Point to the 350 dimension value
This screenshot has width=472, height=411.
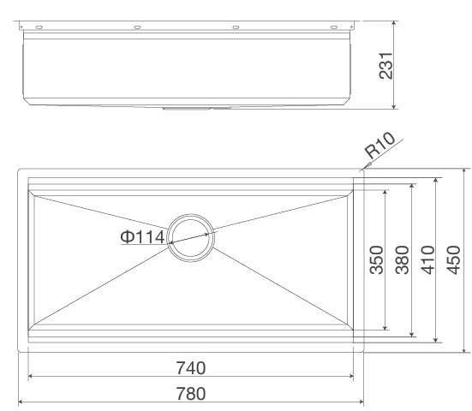pyautogui.click(x=376, y=259)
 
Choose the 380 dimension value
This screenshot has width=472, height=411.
pyautogui.click(x=401, y=259)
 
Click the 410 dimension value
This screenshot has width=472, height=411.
pyautogui.click(x=427, y=259)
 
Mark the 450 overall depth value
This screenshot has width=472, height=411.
pyautogui.click(x=454, y=259)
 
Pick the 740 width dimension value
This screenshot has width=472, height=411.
pyautogui.click(x=190, y=368)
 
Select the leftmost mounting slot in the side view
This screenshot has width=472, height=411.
pyautogui.click(x=39, y=28)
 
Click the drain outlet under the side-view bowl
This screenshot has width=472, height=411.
pyautogui.click(x=192, y=110)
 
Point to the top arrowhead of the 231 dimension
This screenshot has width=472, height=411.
pyautogui.click(x=393, y=24)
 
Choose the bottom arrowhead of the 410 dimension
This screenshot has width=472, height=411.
pyautogui.click(x=438, y=340)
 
